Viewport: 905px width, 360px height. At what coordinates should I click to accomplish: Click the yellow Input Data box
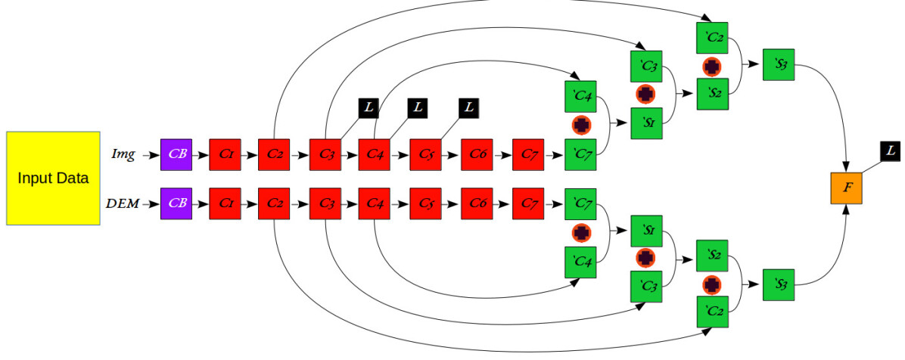(53, 178)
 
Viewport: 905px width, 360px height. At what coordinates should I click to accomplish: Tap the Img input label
(123, 154)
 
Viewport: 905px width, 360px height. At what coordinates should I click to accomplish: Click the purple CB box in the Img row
(176, 154)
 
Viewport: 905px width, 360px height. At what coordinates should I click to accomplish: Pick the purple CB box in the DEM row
(176, 203)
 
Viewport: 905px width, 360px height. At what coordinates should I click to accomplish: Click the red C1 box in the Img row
(225, 154)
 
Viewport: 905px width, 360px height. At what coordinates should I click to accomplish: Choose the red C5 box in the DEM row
(426, 203)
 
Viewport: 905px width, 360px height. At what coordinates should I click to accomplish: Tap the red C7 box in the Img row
(528, 154)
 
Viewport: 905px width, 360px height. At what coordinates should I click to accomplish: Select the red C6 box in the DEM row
(477, 203)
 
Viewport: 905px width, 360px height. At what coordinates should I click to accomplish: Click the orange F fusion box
(847, 186)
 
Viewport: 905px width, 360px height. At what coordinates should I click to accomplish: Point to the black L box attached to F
(890, 151)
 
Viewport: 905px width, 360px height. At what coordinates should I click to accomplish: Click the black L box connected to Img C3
(369, 108)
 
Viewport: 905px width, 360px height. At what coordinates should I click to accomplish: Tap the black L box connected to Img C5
(469, 108)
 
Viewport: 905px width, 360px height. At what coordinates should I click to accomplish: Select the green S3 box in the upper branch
(779, 64)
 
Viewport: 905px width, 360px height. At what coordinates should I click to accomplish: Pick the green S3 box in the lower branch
(779, 284)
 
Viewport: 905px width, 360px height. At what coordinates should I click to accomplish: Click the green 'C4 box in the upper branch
(580, 96)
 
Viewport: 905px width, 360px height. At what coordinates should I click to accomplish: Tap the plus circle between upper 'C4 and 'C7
(581, 125)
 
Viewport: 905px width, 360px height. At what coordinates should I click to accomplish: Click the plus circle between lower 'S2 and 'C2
(711, 284)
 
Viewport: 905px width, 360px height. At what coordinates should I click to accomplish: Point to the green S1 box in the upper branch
(646, 123)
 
